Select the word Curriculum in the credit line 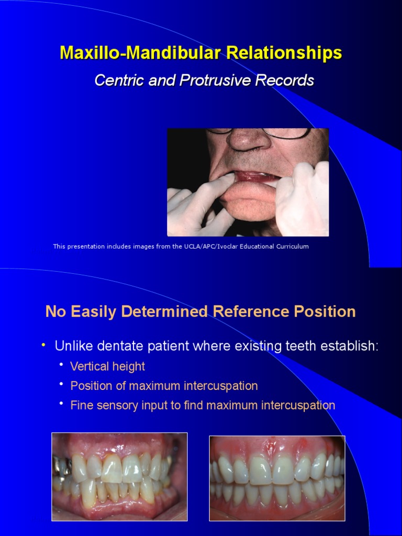(291, 247)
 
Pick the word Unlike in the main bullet (71, 347)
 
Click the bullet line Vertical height (107, 366)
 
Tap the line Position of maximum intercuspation (164, 386)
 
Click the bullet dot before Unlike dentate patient (44, 345)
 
